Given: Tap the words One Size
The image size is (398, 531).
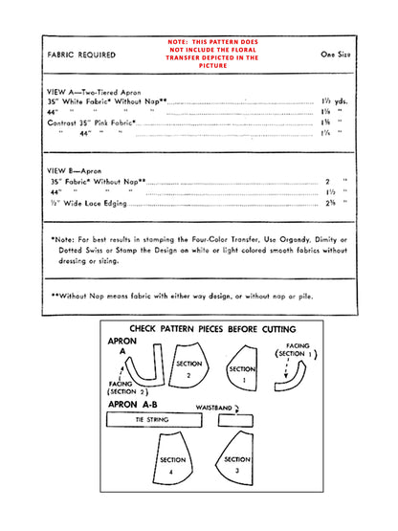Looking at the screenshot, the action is click(x=334, y=55).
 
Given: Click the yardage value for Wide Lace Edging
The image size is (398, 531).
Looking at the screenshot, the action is click(x=330, y=204).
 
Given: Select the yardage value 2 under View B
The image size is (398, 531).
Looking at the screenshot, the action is click(x=327, y=180).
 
